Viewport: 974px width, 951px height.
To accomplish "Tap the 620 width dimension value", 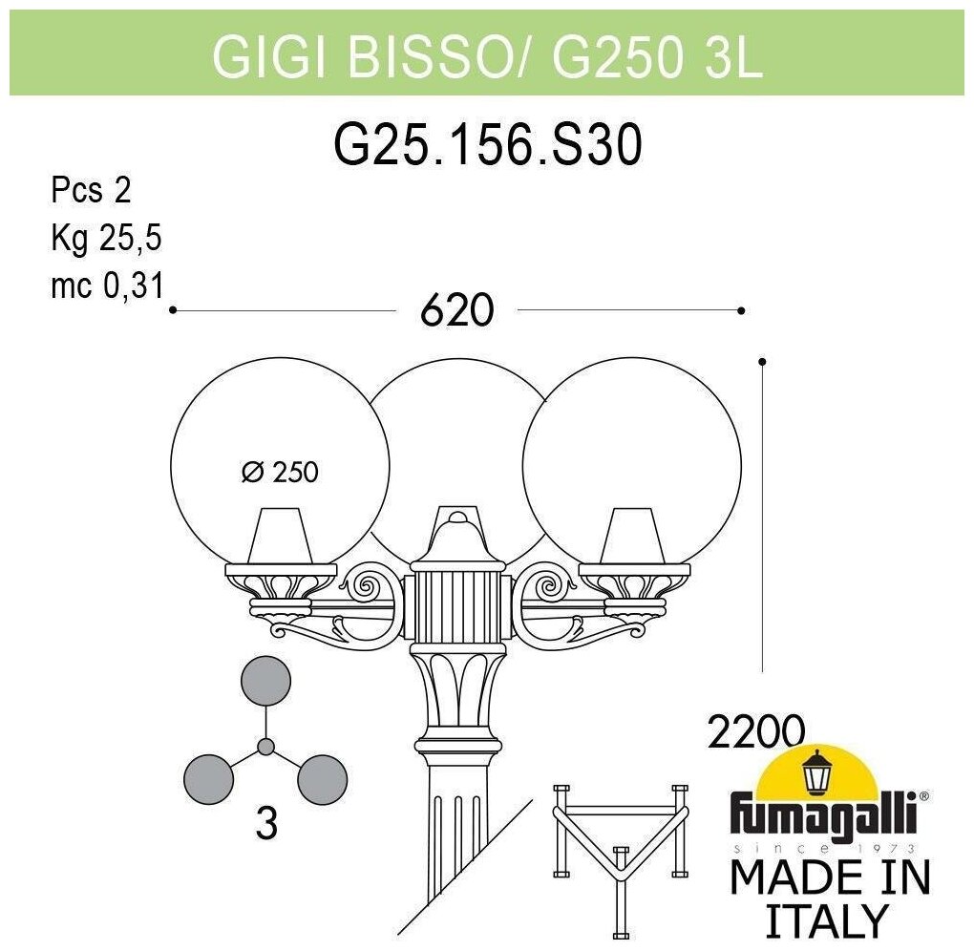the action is tap(455, 310).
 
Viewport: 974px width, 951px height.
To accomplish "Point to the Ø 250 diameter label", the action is tap(280, 472).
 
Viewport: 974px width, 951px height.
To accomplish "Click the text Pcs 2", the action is tap(90, 191).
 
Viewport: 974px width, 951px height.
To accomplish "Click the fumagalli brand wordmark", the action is tap(824, 816).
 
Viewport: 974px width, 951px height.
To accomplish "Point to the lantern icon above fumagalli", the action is tap(816, 772).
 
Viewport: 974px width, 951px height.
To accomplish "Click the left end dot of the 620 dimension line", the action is tap(173, 310).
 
